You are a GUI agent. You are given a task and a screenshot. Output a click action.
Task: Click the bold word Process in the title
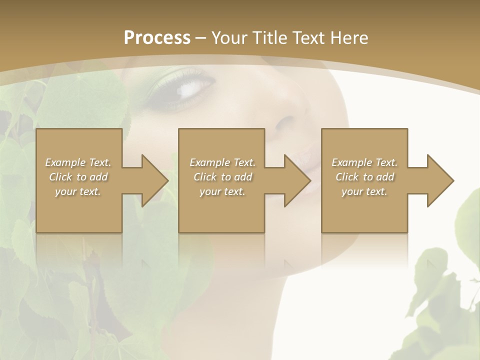click(157, 38)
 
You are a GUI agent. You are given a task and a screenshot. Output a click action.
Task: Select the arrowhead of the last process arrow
click(439, 180)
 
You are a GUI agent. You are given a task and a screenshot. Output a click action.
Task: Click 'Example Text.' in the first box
click(78, 162)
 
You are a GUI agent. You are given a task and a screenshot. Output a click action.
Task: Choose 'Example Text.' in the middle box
click(222, 162)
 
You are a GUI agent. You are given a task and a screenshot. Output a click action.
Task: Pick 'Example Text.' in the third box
click(364, 162)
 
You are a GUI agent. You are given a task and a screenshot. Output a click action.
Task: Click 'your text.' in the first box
click(78, 191)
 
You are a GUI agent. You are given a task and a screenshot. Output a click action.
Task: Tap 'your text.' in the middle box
click(222, 191)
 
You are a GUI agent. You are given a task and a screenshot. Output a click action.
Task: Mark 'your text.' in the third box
click(364, 191)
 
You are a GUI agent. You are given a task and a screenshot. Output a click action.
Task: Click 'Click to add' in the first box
click(78, 177)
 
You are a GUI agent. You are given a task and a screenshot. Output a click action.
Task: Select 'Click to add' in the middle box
click(222, 177)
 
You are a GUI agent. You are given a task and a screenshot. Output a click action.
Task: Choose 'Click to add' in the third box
click(364, 177)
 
